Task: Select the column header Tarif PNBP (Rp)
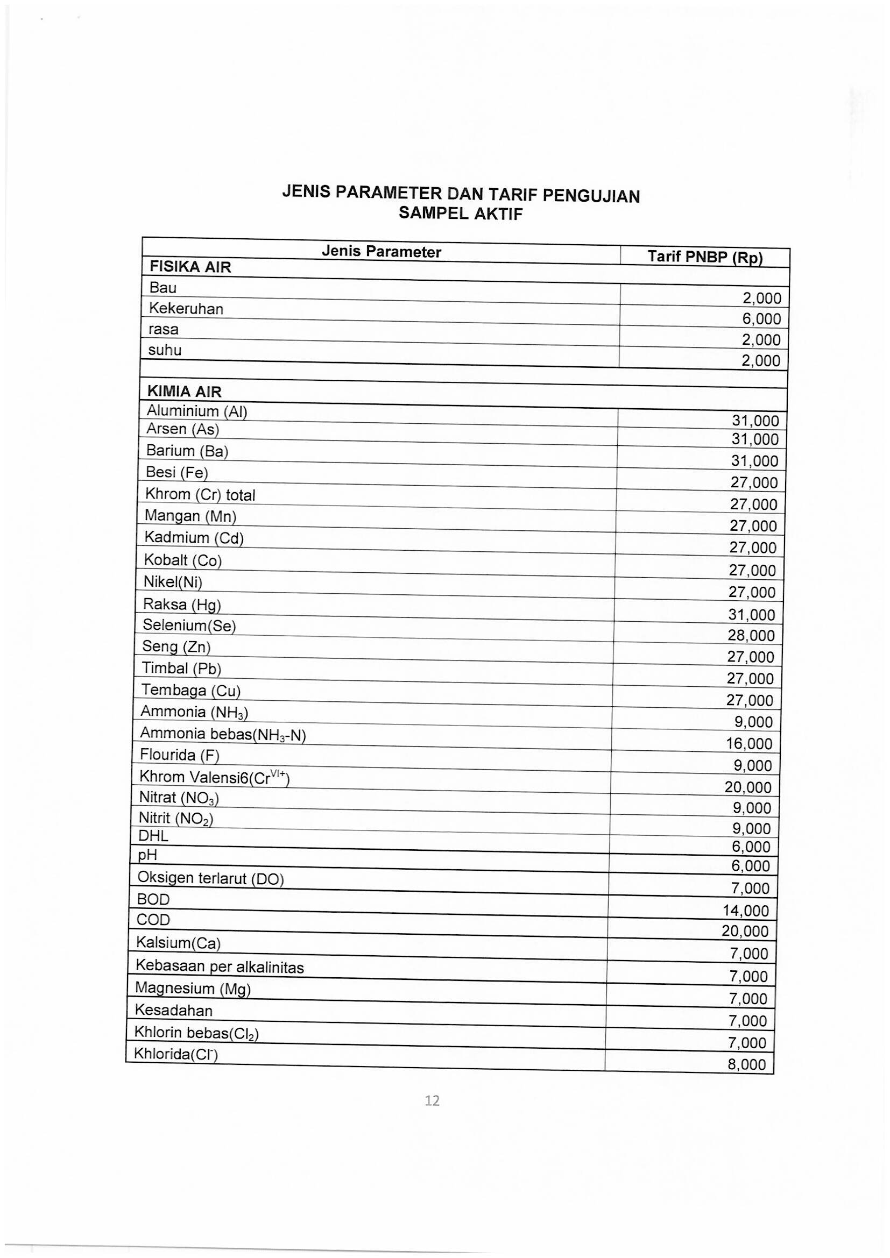(705, 257)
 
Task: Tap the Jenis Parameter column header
(381, 252)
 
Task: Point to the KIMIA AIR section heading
(184, 392)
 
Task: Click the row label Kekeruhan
(186, 309)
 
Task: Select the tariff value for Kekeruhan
(761, 319)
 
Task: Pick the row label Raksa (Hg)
(181, 604)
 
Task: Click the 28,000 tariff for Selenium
(751, 636)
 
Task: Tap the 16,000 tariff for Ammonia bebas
(748, 743)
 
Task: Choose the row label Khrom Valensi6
(214, 777)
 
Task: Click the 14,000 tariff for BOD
(745, 911)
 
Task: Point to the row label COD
(153, 920)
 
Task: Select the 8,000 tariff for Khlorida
(746, 1064)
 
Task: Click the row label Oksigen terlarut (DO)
(210, 878)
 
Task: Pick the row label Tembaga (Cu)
(190, 690)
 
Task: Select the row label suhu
(165, 350)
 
